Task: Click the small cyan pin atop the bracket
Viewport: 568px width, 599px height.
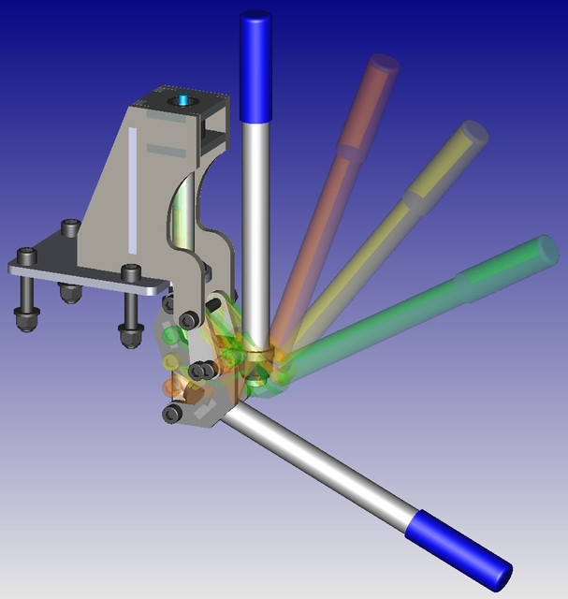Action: point(183,98)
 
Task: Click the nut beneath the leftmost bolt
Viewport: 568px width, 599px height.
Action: point(25,318)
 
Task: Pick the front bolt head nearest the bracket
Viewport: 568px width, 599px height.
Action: point(130,273)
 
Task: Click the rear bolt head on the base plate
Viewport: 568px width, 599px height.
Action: point(70,227)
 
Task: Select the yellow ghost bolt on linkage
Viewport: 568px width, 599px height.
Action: point(169,361)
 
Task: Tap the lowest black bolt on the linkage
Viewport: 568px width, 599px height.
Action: point(171,414)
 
